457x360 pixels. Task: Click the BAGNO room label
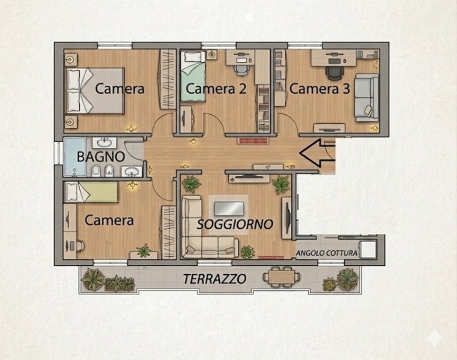pyautogui.click(x=101, y=157)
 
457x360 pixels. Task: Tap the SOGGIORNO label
pyautogui.click(x=235, y=224)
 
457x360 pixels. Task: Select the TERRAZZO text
pyautogui.click(x=215, y=279)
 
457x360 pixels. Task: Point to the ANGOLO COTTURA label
pyautogui.click(x=327, y=253)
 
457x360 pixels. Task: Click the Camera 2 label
pyautogui.click(x=216, y=89)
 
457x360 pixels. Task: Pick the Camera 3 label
pyautogui.click(x=319, y=89)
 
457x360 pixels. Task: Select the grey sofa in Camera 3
pyautogui.click(x=367, y=98)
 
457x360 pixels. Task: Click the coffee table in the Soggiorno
pyautogui.click(x=229, y=209)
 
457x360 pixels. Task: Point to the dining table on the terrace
pyautogui.click(x=281, y=277)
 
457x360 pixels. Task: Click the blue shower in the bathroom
pyautogui.click(x=75, y=157)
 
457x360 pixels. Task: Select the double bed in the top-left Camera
pyautogui.click(x=95, y=91)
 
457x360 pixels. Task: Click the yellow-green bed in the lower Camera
pyautogui.click(x=91, y=192)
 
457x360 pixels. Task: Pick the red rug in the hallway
pyautogui.click(x=253, y=140)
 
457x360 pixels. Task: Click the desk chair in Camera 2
pyautogui.click(x=241, y=70)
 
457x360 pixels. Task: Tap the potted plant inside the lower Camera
pyautogui.click(x=144, y=251)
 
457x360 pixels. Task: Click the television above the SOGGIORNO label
pyautogui.click(x=248, y=176)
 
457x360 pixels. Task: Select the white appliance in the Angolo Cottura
pyautogui.click(x=368, y=250)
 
